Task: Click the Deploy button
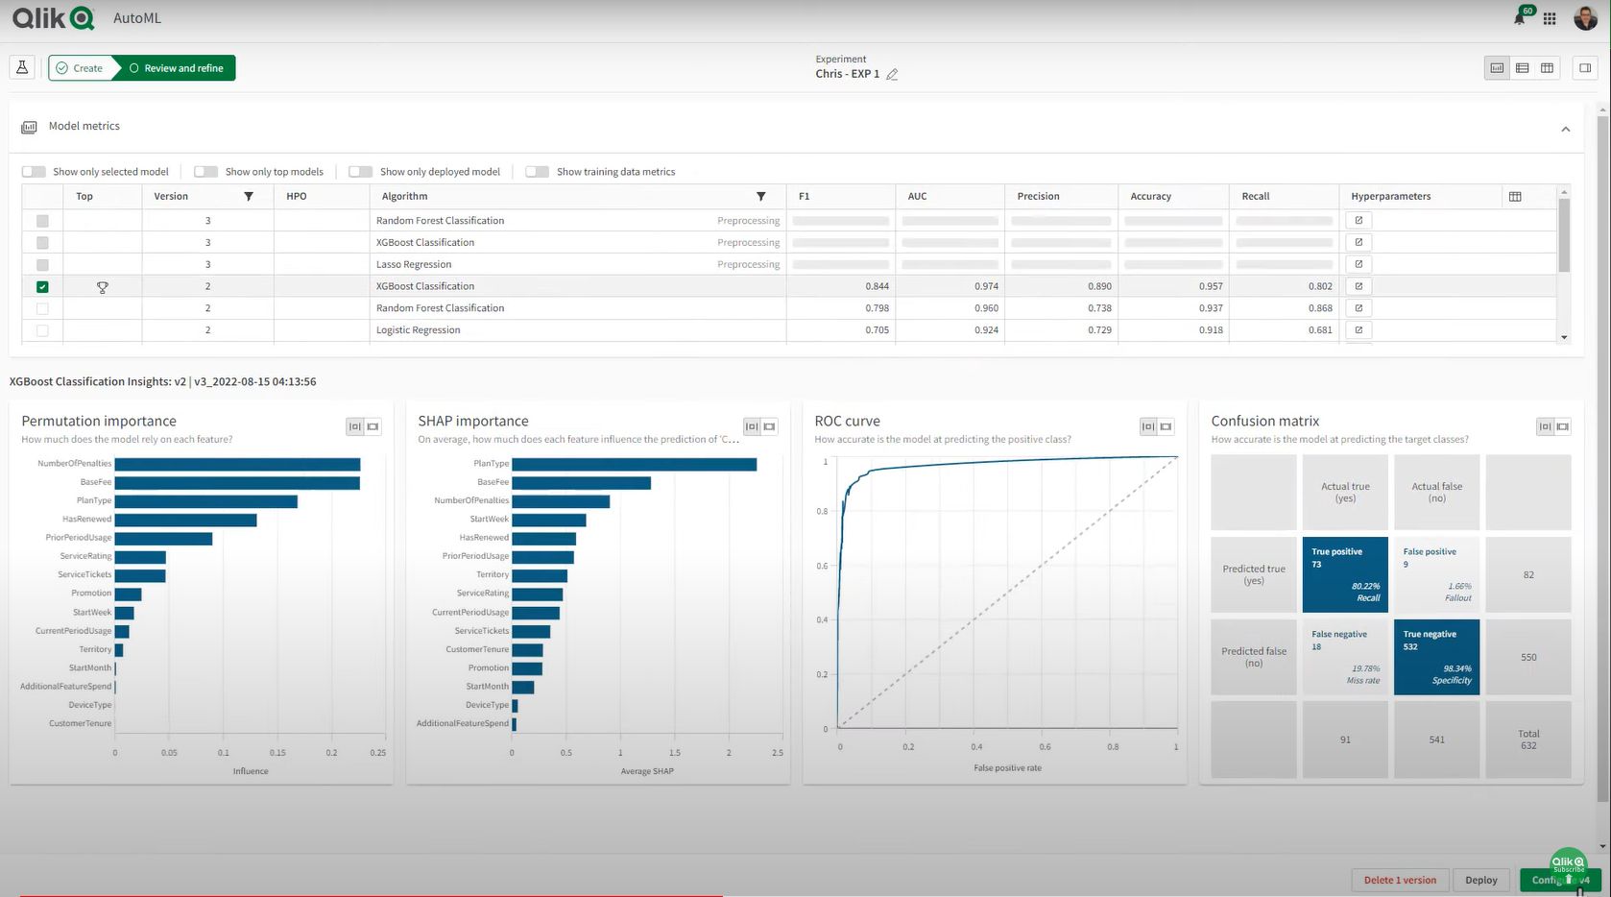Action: tap(1480, 880)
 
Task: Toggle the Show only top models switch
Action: tap(205, 172)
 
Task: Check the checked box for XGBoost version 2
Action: tap(42, 286)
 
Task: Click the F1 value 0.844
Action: tap(877, 286)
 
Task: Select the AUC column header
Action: tap(917, 196)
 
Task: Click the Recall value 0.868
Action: tap(1319, 308)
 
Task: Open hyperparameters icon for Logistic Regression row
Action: tap(1358, 330)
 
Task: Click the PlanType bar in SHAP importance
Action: tap(634, 464)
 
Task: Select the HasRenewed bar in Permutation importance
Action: tap(185, 520)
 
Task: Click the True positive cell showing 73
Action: tap(1344, 574)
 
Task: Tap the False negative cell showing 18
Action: tap(1344, 657)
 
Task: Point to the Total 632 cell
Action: tap(1527, 739)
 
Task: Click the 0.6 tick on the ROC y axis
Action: tap(822, 566)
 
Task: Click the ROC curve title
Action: tap(847, 421)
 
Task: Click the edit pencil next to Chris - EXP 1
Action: tap(892, 74)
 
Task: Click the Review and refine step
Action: tap(176, 68)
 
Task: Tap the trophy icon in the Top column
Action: tap(103, 287)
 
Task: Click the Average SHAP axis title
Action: tap(647, 771)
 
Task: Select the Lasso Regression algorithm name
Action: tap(414, 264)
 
